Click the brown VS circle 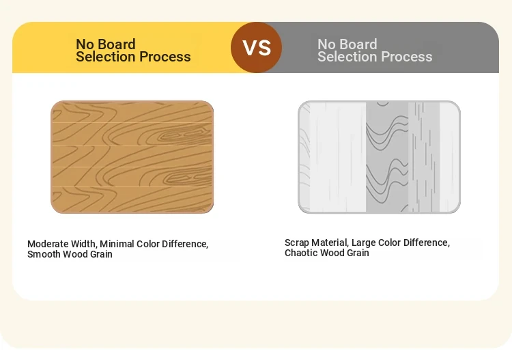(256, 47)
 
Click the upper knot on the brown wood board (183, 135)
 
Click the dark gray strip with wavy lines (387, 157)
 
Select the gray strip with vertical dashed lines (424, 157)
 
